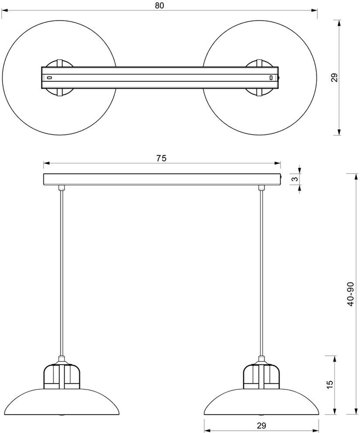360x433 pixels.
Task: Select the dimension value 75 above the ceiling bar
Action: (x=161, y=158)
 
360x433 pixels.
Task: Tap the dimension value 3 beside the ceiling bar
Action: (x=295, y=179)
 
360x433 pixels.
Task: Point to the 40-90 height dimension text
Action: (x=350, y=294)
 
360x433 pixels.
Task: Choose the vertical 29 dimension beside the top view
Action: (x=334, y=78)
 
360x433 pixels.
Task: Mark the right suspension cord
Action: (x=262, y=271)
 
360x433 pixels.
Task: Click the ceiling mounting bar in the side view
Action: (x=162, y=179)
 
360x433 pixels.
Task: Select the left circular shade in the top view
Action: (x=26, y=79)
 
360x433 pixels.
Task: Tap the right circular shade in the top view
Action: (x=297, y=79)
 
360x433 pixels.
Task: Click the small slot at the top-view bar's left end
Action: (x=49, y=78)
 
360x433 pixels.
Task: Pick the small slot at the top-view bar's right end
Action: (x=271, y=78)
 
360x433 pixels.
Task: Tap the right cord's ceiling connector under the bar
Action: (x=262, y=188)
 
